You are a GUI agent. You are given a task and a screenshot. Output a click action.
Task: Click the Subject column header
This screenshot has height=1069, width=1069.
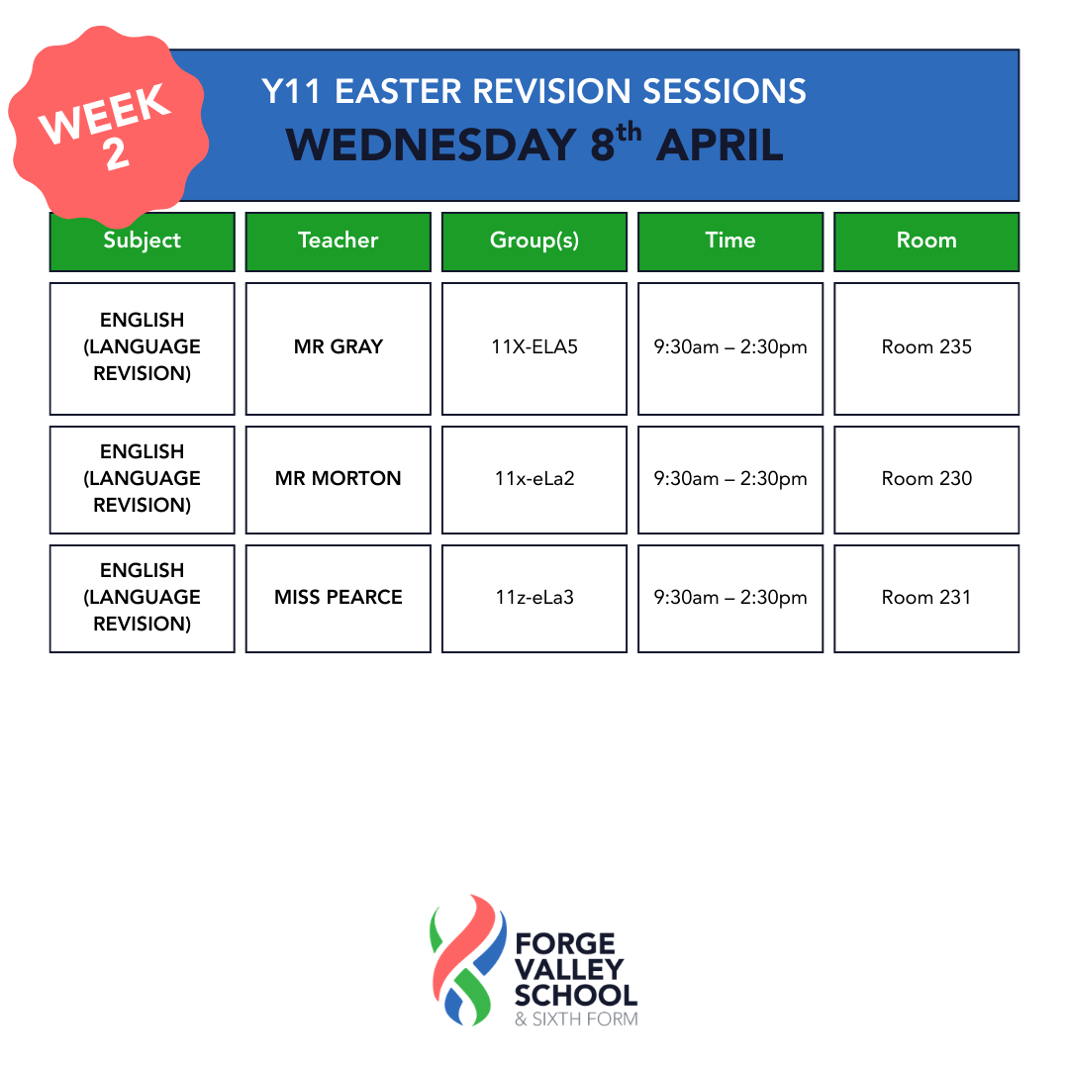(142, 243)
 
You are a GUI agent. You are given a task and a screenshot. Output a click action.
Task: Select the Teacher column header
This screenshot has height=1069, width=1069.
(339, 243)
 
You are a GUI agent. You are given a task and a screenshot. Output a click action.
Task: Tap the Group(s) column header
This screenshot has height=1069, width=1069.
(534, 243)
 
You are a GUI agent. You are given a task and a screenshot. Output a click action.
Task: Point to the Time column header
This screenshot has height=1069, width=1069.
(730, 243)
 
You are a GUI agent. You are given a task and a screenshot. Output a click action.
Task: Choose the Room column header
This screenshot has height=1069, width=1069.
(926, 243)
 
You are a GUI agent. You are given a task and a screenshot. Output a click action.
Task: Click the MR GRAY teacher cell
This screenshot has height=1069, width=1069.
(339, 348)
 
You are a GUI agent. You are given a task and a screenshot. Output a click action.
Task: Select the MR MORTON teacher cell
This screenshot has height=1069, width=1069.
(339, 480)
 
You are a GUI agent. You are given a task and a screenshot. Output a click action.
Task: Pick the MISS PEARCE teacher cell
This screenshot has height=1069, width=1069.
(339, 599)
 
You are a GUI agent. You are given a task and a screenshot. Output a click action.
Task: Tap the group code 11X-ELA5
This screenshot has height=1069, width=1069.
(534, 347)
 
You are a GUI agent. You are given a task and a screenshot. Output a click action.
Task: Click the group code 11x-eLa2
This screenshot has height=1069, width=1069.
(534, 479)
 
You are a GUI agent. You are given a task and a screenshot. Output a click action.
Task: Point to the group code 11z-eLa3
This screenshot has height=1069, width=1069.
(534, 597)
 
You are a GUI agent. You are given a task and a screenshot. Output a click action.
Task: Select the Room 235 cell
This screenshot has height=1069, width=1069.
(926, 348)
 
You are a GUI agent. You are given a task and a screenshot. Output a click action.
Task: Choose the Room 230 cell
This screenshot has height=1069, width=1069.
(926, 480)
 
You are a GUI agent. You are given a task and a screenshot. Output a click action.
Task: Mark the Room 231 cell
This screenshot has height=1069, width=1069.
(926, 599)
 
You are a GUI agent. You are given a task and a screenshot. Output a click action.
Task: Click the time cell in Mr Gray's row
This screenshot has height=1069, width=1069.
(730, 348)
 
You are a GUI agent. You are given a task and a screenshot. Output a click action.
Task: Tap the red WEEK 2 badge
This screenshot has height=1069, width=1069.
(108, 128)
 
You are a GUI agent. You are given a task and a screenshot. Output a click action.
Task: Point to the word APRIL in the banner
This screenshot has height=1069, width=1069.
(720, 145)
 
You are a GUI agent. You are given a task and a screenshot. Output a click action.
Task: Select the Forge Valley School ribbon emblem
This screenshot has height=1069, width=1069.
(468, 960)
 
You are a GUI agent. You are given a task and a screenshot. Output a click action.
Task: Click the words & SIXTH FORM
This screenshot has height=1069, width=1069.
(576, 1020)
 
